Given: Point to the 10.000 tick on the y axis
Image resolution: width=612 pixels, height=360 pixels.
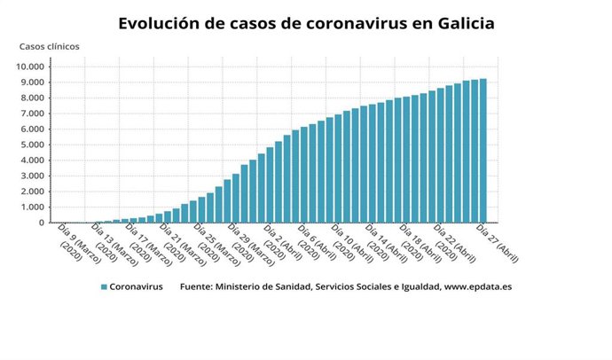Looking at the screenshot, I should pyautogui.click(x=32, y=67).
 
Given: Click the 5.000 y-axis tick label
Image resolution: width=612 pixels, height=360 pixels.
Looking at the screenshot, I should pyautogui.click(x=35, y=145).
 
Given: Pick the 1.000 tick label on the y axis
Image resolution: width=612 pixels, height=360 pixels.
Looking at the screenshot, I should pyautogui.click(x=35, y=207).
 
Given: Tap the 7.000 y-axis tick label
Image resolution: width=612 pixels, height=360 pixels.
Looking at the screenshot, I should pyautogui.click(x=35, y=113).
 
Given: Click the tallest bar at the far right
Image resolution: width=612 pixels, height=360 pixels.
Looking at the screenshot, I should pyautogui.click(x=483, y=151).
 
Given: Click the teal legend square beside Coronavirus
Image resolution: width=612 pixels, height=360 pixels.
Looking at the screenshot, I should pyautogui.click(x=104, y=287).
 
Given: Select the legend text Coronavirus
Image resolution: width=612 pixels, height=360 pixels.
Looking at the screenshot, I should pyautogui.click(x=137, y=287).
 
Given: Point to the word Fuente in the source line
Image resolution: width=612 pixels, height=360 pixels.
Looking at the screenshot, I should pyautogui.click(x=197, y=287).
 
